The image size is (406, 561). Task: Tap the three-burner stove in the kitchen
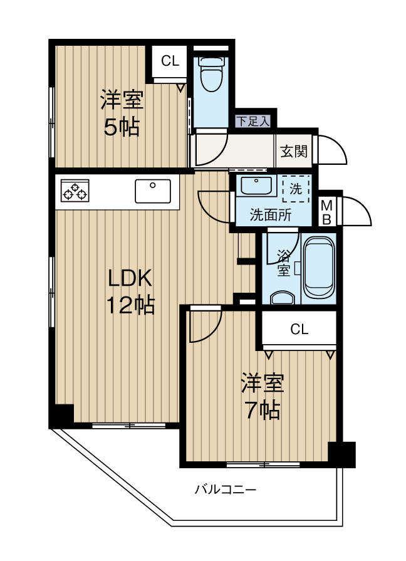[x=75, y=191]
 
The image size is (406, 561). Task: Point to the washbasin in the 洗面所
[x=256, y=187]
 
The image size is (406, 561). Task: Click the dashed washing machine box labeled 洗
[x=295, y=188]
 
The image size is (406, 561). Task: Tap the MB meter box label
[x=327, y=211]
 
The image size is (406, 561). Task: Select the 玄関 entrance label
[x=293, y=151]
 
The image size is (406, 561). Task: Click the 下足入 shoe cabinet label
[x=252, y=121]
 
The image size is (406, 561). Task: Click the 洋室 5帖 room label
[x=122, y=113]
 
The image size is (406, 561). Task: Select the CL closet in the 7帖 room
[x=299, y=330]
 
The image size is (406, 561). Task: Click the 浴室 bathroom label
[x=283, y=263]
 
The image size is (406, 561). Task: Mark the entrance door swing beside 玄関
[x=332, y=150]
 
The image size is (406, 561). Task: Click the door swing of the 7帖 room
[x=206, y=327]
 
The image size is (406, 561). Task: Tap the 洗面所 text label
[x=271, y=214]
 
